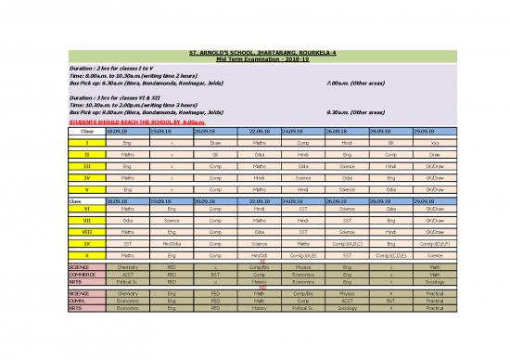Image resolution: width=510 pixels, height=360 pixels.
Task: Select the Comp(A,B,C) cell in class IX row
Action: pos(348,244)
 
